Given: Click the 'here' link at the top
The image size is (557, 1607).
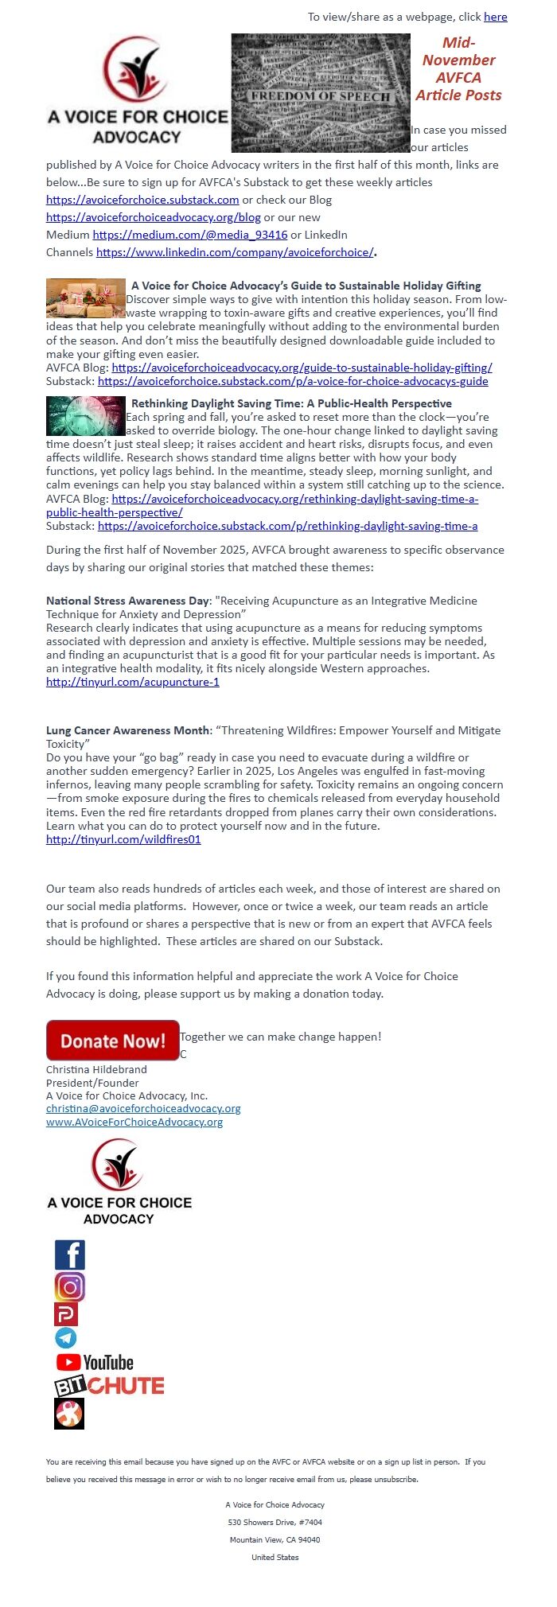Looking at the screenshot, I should [x=495, y=17].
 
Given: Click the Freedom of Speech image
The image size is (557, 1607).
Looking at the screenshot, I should [x=321, y=93].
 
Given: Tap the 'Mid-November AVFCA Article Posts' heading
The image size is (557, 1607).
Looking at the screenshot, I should [x=458, y=69].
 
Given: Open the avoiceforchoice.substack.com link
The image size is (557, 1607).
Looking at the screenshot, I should [x=142, y=200].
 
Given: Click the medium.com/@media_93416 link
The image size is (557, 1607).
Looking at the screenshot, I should [x=189, y=235].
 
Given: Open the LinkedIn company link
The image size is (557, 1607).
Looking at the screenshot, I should [x=235, y=252].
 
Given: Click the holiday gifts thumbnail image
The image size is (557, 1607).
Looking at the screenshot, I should [x=85, y=298].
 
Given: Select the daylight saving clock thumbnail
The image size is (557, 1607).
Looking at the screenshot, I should [x=85, y=416].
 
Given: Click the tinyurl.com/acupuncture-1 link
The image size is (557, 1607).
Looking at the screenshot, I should [x=132, y=682].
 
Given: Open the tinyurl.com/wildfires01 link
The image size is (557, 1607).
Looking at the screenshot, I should [x=123, y=839].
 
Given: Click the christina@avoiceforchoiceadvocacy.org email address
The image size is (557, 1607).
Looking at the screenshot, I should [x=143, y=1108].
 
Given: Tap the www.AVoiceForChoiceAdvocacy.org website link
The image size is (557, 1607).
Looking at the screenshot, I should [x=134, y=1122].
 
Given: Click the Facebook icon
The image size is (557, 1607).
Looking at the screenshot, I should [x=69, y=1255].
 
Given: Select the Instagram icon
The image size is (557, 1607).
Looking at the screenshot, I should [x=69, y=1286].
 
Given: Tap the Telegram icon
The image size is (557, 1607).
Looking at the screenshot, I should [x=66, y=1338].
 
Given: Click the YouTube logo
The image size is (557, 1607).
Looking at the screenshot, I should [x=95, y=1363].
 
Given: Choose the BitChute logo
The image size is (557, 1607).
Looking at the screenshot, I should [x=109, y=1386].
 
